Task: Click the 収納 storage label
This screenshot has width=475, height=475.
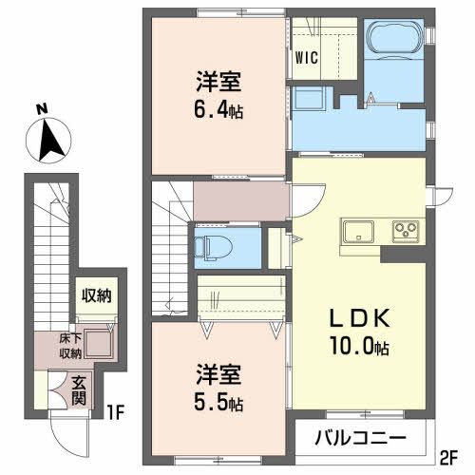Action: point(95,295)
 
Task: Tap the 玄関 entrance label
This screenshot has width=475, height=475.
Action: point(81,389)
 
